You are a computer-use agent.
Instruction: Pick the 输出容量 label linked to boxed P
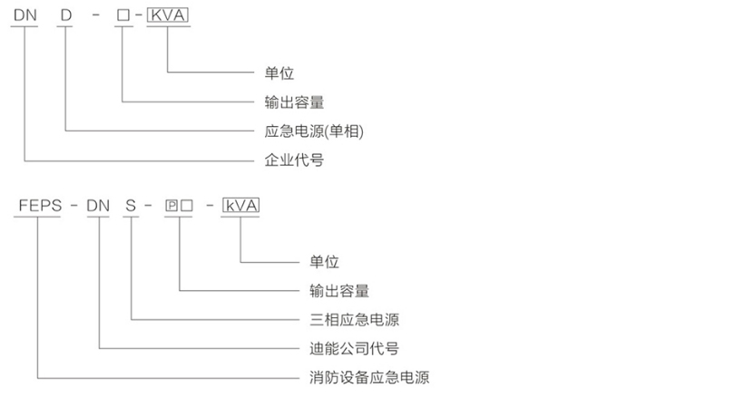(339, 290)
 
